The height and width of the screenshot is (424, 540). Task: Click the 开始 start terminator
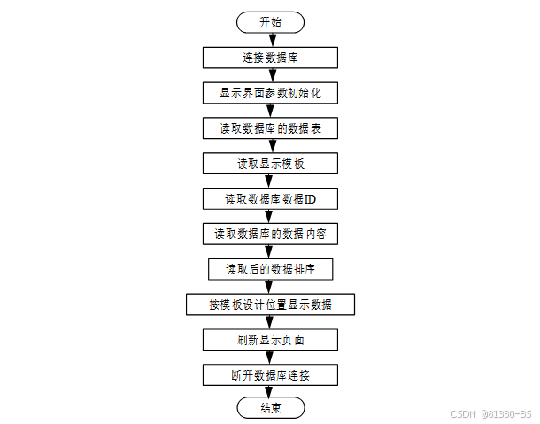coord(271,22)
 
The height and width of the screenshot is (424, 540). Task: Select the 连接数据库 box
coord(271,58)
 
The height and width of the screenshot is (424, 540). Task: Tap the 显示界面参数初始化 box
coord(271,93)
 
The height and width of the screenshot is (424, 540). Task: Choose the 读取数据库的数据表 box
coord(271,128)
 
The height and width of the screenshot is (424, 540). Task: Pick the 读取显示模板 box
coord(271,164)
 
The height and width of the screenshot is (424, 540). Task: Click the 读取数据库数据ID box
coord(271,199)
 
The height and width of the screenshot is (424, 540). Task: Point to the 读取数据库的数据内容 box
coord(271,235)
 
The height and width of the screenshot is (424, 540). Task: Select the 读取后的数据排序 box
coord(271,269)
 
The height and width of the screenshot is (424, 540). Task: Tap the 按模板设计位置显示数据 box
coord(271,305)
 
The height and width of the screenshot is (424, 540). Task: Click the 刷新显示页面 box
coord(271,340)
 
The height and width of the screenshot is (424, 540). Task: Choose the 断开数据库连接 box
coord(271,375)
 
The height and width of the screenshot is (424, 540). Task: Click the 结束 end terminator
coord(271,408)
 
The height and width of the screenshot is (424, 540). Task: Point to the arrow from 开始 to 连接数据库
coord(271,40)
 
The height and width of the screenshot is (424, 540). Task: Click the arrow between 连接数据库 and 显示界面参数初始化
coord(271,75)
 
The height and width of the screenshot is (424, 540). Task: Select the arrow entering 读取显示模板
coord(271,146)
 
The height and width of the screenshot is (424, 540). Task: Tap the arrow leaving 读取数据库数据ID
coord(271,217)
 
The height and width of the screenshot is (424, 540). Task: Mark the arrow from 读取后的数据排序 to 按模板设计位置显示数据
coord(271,287)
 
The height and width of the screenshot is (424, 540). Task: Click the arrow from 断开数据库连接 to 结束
coord(271,391)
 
